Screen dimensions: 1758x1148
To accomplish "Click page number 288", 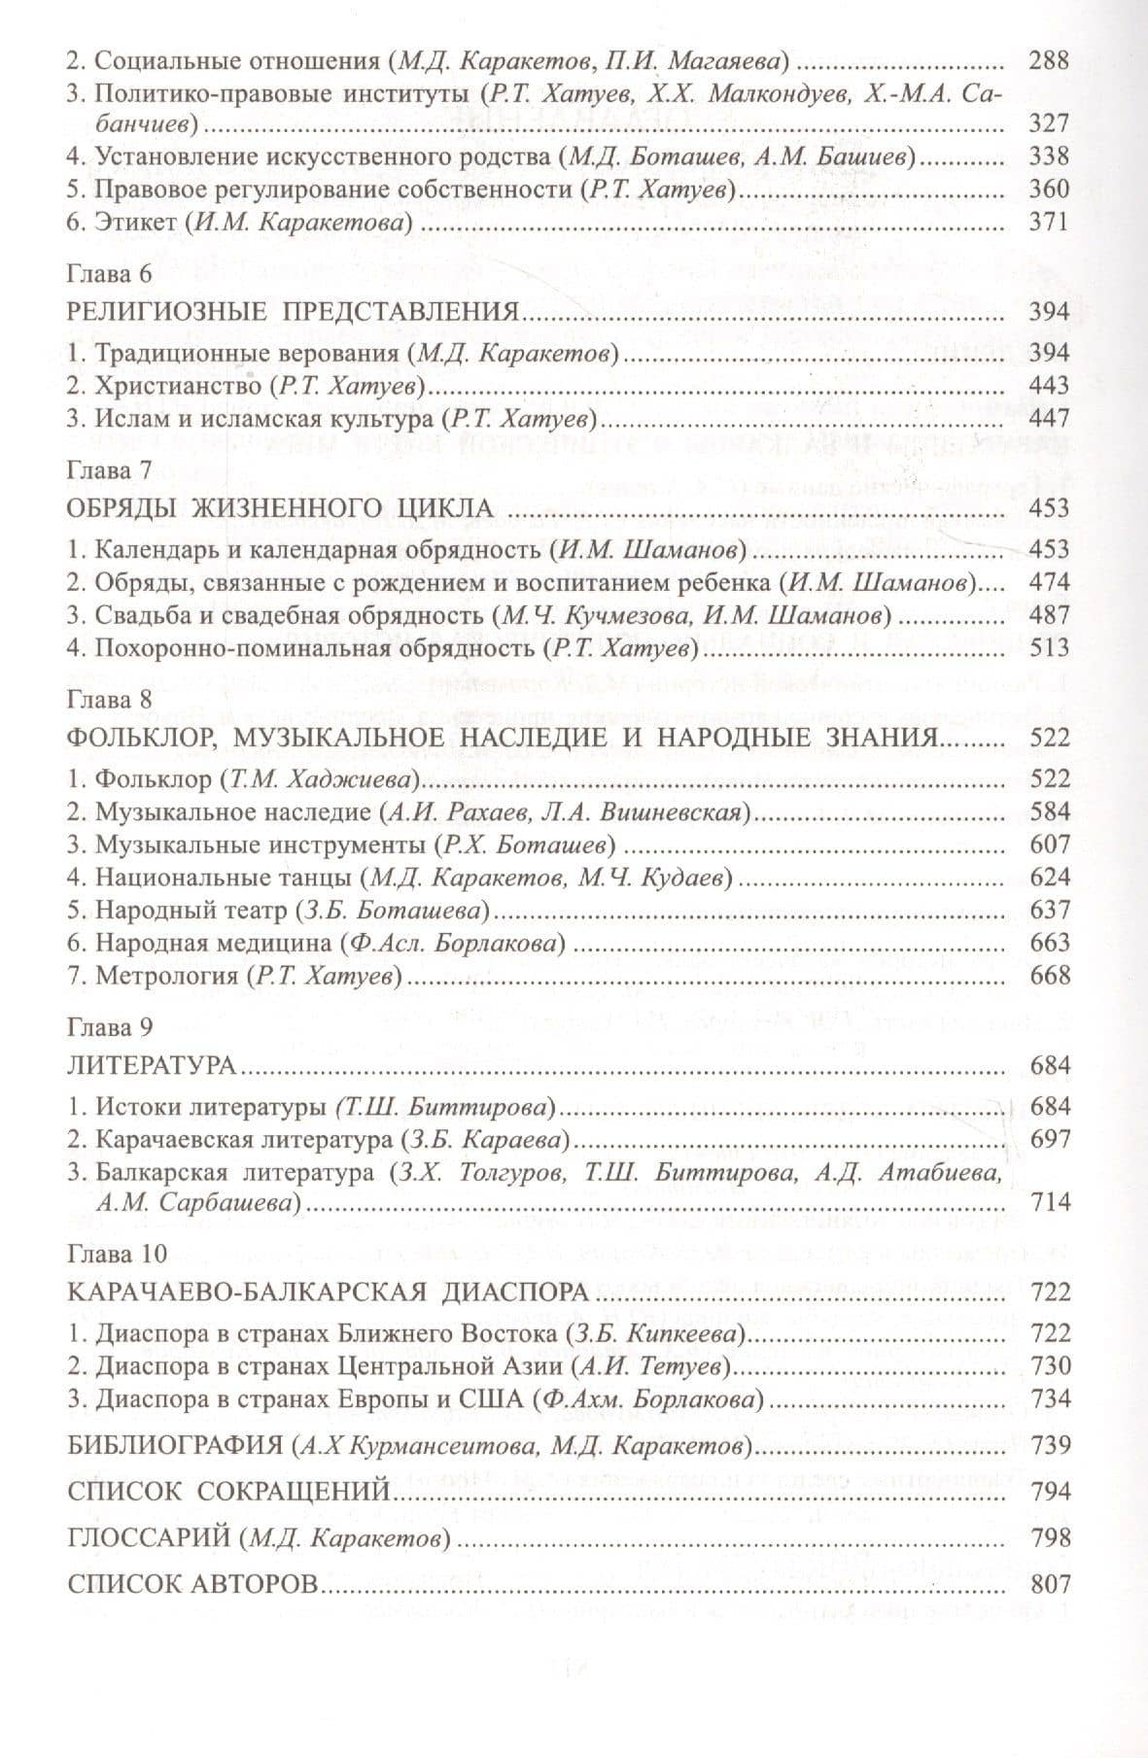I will point(1049,60).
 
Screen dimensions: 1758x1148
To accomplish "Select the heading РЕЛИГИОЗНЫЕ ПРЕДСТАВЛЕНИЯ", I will point(291,312).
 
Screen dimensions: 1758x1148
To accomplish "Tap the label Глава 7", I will point(110,470).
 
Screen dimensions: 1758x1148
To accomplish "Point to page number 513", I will point(1049,648).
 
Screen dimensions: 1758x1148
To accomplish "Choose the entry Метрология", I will point(166,976).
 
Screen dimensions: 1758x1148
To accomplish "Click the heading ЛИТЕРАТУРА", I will point(153,1065).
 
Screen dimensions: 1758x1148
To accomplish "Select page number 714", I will point(1049,1202).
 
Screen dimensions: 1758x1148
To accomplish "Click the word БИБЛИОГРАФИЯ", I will point(176,1446).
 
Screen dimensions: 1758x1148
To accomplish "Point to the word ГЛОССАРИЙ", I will point(147,1538).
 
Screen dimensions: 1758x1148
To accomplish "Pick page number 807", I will point(1049,1584).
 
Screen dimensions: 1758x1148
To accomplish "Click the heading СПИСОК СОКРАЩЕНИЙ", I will point(228,1492).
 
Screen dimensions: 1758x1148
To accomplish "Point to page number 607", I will point(1049,845).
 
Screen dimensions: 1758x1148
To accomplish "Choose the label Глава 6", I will point(110,273).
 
